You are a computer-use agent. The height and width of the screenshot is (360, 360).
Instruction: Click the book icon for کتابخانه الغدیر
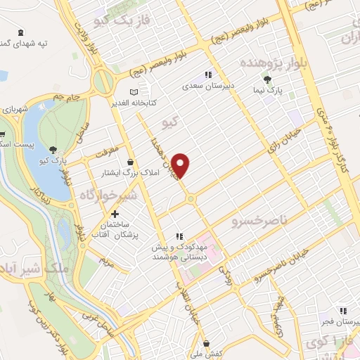coord(134,92)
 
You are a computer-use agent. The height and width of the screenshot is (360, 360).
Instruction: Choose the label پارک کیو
coord(53,160)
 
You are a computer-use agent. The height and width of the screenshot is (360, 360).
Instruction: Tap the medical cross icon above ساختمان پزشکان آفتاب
coord(115,213)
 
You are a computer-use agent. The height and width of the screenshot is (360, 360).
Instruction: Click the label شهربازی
coord(14,110)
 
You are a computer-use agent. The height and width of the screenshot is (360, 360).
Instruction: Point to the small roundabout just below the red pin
coord(191,200)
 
